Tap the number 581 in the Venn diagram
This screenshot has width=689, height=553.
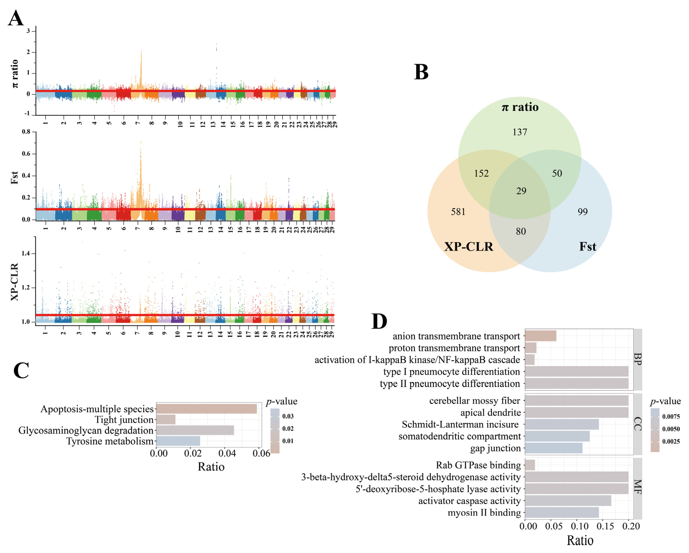(458, 212)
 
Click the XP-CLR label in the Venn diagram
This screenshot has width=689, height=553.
(468, 246)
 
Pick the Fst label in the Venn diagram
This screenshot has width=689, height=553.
(587, 246)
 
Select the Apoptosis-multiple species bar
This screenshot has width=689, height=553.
(207, 409)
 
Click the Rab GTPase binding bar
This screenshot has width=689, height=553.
(530, 465)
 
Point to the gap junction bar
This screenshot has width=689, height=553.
(554, 448)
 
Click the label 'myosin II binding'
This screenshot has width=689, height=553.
(484, 513)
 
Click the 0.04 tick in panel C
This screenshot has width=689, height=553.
(227, 453)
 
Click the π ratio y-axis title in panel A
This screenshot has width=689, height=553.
(14, 74)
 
